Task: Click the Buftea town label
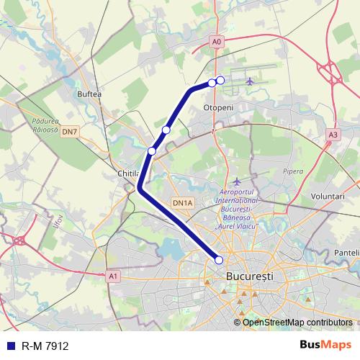[x=89, y=94]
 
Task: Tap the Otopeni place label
[x=218, y=107]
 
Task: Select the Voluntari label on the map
[x=329, y=196]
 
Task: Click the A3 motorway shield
[x=332, y=135]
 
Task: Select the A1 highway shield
[x=112, y=275]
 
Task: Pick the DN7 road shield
[x=69, y=132]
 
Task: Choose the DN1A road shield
[x=182, y=204]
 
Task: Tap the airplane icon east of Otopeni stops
[x=250, y=81]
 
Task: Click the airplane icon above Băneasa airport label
[x=237, y=181]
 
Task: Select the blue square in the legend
[x=11, y=346]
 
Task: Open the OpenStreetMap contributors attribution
[x=297, y=323]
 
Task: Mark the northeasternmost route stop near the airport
[x=220, y=80]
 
